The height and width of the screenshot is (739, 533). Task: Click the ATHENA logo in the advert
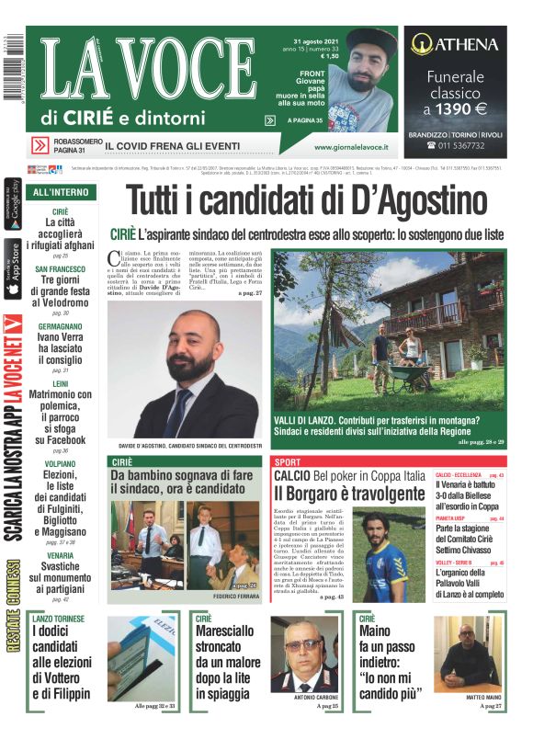coord(454,44)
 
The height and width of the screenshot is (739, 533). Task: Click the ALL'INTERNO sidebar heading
coord(61,192)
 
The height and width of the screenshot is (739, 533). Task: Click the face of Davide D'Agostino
coord(194,339)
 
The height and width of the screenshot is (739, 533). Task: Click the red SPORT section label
coord(288,461)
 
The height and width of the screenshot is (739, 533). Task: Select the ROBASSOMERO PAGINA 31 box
coord(63,145)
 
